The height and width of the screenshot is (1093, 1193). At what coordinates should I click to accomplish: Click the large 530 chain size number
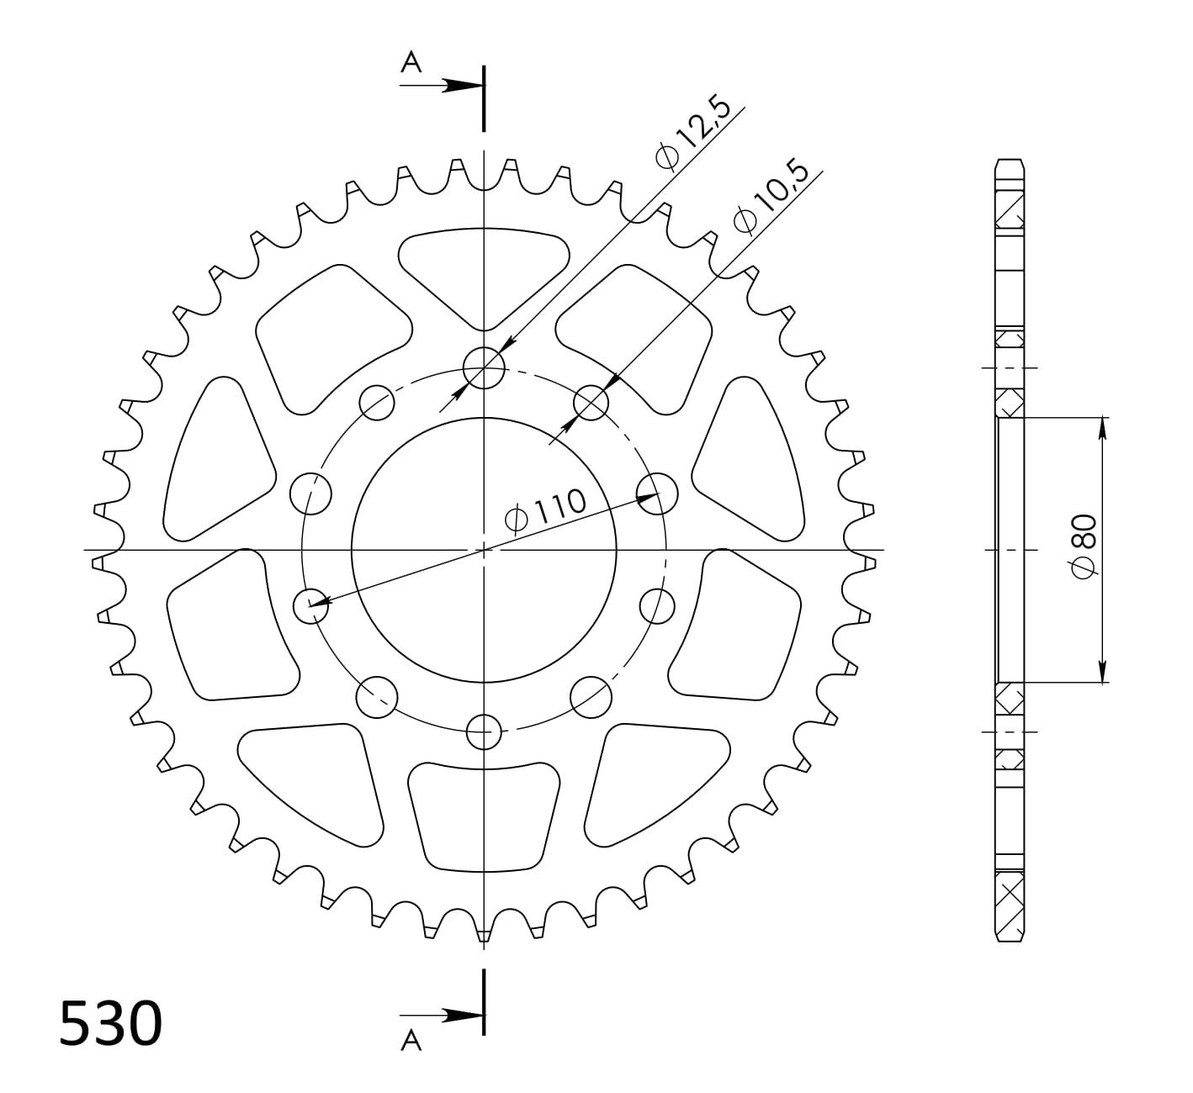point(110,1023)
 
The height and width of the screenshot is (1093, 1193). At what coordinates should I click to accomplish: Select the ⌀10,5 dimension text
point(771,196)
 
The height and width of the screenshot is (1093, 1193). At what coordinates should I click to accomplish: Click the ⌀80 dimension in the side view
point(1084,545)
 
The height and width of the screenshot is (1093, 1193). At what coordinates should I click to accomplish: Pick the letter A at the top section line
point(411,62)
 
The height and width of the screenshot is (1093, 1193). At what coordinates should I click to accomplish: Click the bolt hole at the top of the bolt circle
point(484,368)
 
